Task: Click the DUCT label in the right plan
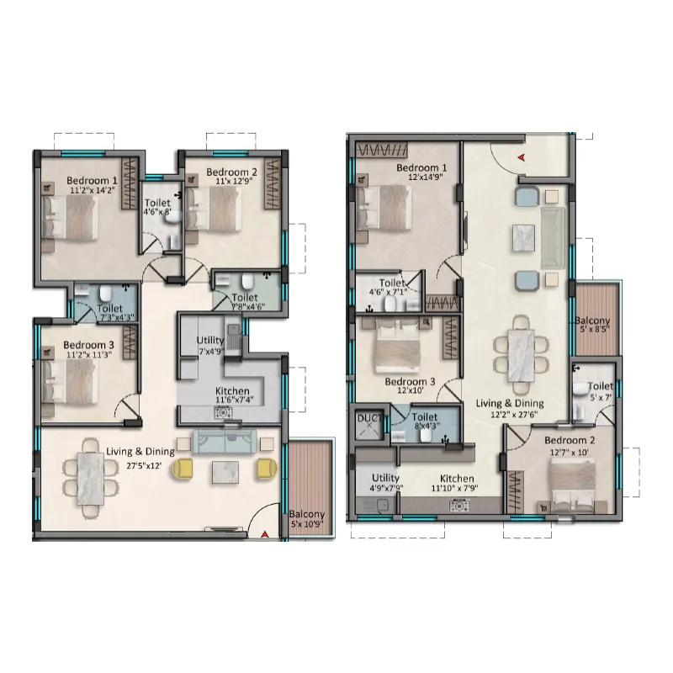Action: (x=369, y=418)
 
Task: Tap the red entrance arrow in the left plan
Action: (x=265, y=534)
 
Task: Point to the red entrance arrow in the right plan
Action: (x=521, y=157)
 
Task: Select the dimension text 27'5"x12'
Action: (x=144, y=465)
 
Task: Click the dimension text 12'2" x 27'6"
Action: (x=514, y=415)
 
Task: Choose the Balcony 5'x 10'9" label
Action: (x=306, y=518)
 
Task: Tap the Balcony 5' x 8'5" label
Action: (x=594, y=325)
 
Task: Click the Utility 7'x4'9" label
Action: (x=210, y=346)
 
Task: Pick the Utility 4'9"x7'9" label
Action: (x=385, y=482)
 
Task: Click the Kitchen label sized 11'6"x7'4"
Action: (x=233, y=395)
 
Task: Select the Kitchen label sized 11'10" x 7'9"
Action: (x=456, y=483)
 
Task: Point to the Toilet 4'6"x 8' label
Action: (x=157, y=206)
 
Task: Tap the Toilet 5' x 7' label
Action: (x=601, y=391)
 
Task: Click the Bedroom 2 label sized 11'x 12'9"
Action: (x=232, y=176)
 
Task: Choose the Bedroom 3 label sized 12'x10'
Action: (x=410, y=385)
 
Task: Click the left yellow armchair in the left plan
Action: (x=183, y=468)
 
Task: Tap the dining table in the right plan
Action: (x=521, y=355)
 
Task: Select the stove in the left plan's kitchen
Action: (x=223, y=413)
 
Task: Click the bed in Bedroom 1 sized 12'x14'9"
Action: (x=384, y=209)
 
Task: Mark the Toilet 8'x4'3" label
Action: (x=425, y=421)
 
